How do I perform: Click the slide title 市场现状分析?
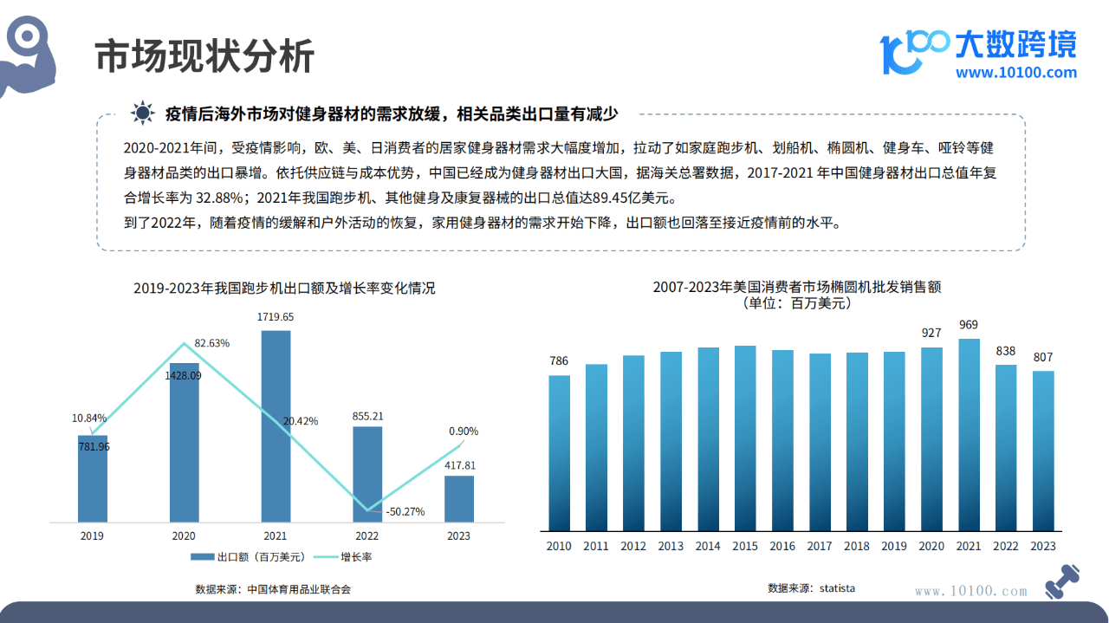[x=204, y=57]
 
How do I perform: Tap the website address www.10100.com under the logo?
[x=1016, y=73]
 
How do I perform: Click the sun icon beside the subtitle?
[x=142, y=113]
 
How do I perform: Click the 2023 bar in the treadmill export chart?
[x=459, y=499]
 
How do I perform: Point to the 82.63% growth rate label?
[x=212, y=343]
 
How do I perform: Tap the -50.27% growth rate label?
[x=405, y=511]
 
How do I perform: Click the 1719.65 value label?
[x=276, y=317]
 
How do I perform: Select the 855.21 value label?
[x=367, y=416]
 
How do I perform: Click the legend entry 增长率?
[x=343, y=557]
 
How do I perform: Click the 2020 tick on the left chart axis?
[x=184, y=536]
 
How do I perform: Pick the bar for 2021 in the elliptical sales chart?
[x=969, y=434]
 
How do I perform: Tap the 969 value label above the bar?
[x=969, y=325]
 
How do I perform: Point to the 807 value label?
[x=1043, y=357]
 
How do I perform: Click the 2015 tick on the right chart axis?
[x=745, y=546]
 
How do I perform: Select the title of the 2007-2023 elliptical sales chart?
[x=796, y=287]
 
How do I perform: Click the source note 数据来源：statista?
[x=811, y=588]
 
